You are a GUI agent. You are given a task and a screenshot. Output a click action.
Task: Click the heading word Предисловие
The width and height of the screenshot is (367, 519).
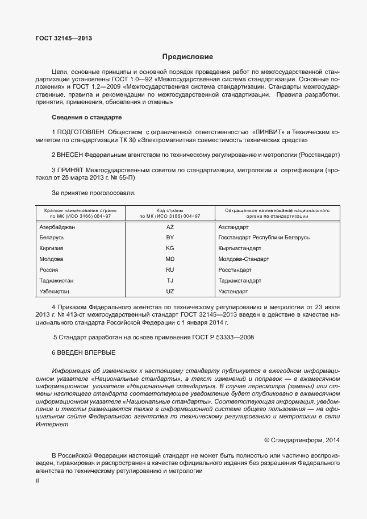[x=187, y=57]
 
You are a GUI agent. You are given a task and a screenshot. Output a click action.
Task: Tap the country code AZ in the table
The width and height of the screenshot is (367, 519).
[x=169, y=227]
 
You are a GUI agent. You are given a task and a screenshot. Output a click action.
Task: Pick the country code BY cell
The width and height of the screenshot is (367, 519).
[x=169, y=238]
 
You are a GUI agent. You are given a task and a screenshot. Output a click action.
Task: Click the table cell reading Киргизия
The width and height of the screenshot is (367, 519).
[x=51, y=248]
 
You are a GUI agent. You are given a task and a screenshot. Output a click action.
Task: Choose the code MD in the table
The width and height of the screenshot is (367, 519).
[x=169, y=259]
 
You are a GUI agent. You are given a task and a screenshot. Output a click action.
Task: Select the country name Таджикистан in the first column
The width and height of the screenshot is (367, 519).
[x=56, y=281]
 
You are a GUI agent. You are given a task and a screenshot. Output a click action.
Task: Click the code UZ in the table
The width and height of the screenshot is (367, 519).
[x=169, y=292]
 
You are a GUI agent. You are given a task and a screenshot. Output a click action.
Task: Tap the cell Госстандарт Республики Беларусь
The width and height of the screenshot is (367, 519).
[x=264, y=238]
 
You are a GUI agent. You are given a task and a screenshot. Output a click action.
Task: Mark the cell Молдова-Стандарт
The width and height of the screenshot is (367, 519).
[x=244, y=259]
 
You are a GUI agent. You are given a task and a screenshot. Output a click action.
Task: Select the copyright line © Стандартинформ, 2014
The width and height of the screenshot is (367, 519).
[x=302, y=439]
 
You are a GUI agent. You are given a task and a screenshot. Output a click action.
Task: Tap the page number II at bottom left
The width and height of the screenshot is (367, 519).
[x=37, y=481]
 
